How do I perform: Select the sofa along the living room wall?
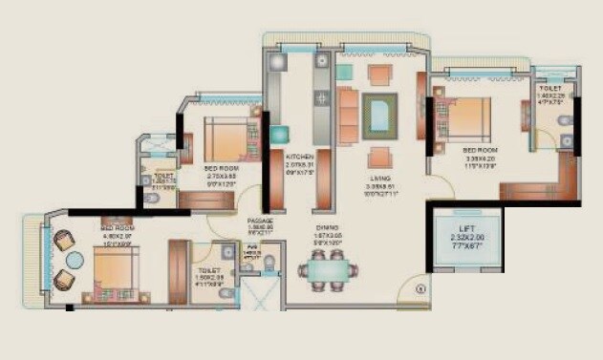coord(348,114)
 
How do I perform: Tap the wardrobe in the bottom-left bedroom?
coord(179,271)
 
